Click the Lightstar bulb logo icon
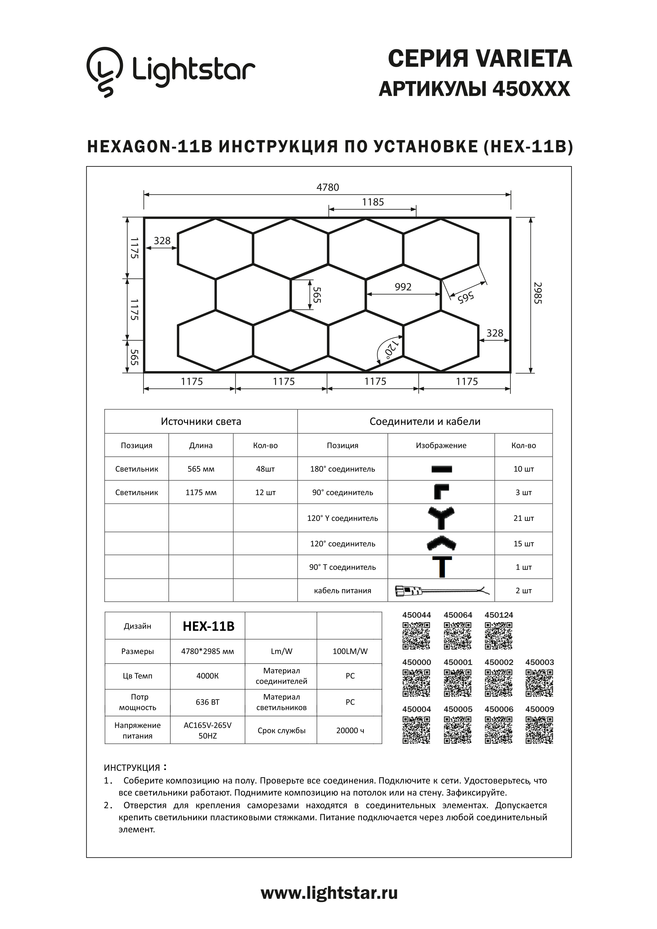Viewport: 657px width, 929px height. point(104,72)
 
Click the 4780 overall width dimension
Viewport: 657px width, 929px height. point(328,187)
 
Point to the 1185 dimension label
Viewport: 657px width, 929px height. point(372,202)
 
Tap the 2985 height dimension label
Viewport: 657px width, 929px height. point(538,293)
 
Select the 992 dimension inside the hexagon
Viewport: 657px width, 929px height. point(403,287)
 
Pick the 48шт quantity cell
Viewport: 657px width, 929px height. point(265,469)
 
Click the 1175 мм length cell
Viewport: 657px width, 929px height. point(201,492)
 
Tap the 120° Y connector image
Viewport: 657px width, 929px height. point(441,518)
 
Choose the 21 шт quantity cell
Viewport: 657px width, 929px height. point(523,518)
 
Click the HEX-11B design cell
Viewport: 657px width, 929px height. point(208,626)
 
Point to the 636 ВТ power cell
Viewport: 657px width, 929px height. point(207,702)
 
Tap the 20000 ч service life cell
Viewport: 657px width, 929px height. point(350,730)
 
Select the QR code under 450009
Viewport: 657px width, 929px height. point(539,730)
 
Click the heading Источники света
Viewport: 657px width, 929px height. point(201,421)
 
